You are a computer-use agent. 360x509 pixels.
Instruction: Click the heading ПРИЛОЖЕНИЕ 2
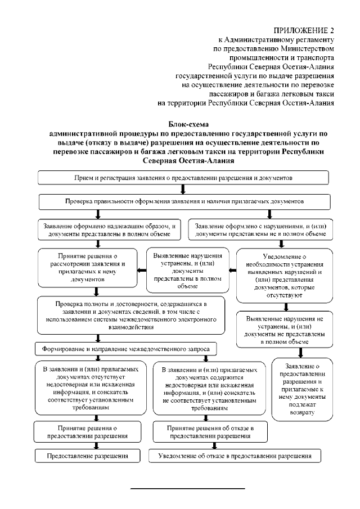point(304,30)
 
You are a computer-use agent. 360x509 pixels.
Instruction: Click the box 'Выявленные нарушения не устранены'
point(285,330)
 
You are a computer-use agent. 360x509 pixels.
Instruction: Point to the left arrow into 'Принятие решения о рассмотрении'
point(143,271)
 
